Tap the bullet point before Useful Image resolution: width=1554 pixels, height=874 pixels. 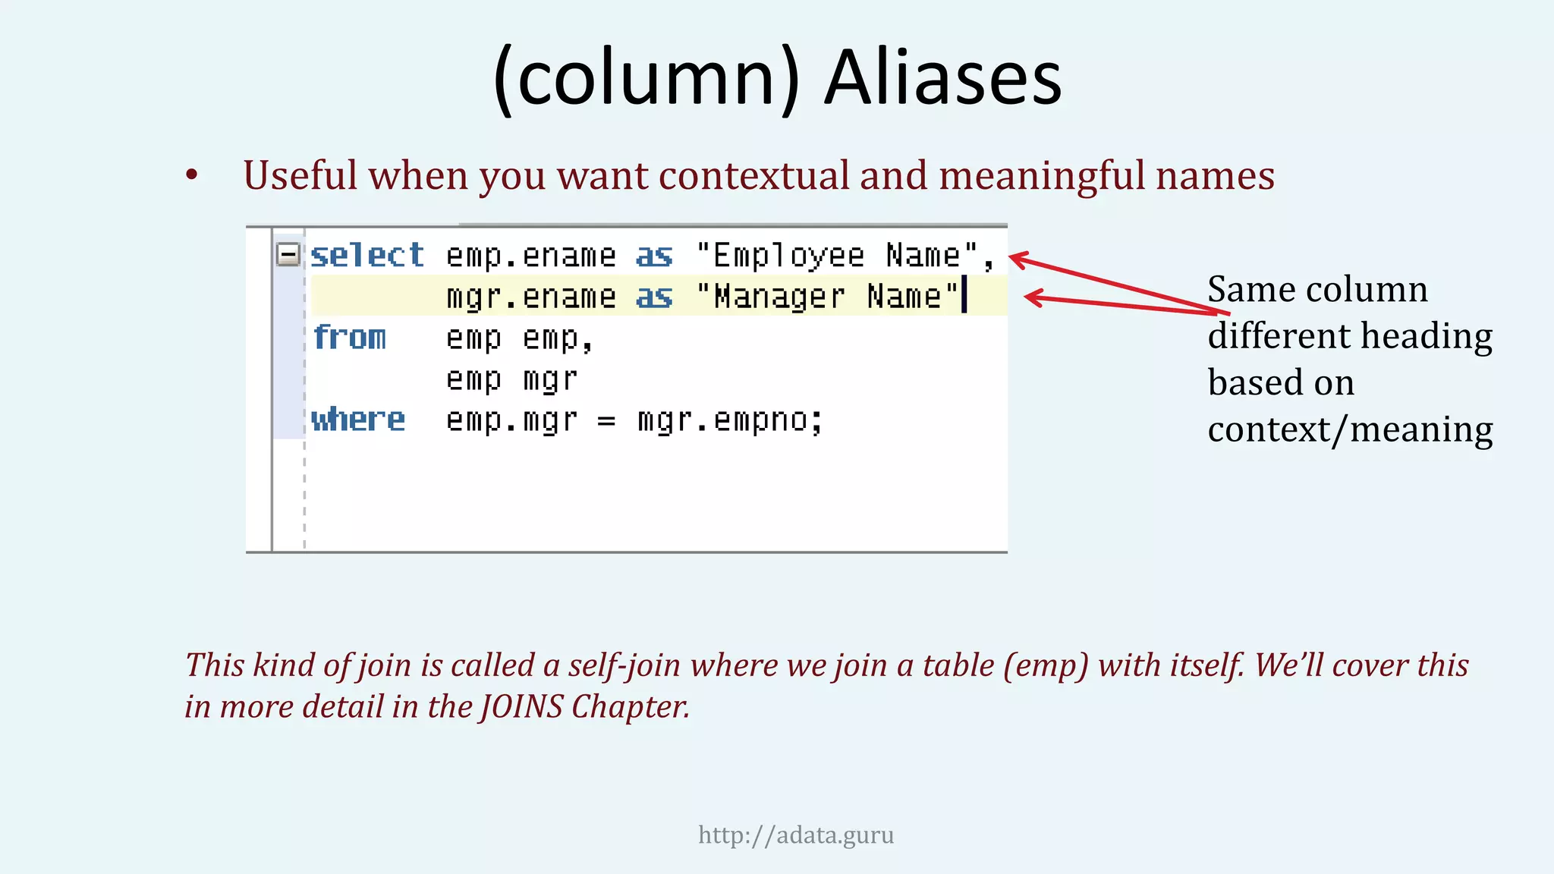(192, 176)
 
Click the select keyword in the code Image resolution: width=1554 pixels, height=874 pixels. (367, 256)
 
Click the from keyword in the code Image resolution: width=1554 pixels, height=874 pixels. (349, 338)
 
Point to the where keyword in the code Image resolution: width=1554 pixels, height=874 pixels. (358, 420)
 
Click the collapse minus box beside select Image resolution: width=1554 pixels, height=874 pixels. (288, 254)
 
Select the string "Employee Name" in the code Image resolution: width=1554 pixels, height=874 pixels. (836, 256)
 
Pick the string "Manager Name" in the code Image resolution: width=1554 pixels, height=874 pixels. (827, 297)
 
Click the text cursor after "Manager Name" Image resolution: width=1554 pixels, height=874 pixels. (964, 295)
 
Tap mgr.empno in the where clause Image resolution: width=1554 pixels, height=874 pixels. (730, 420)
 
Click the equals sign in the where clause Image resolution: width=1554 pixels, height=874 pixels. (606, 420)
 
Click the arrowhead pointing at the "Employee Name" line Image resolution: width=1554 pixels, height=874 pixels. (1017, 259)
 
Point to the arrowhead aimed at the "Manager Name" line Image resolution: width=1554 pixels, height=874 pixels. (1032, 297)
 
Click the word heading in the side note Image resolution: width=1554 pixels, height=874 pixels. (1426, 336)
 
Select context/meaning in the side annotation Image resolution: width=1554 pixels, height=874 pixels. (1350, 430)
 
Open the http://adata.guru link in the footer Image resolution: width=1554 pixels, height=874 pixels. (796, 835)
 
